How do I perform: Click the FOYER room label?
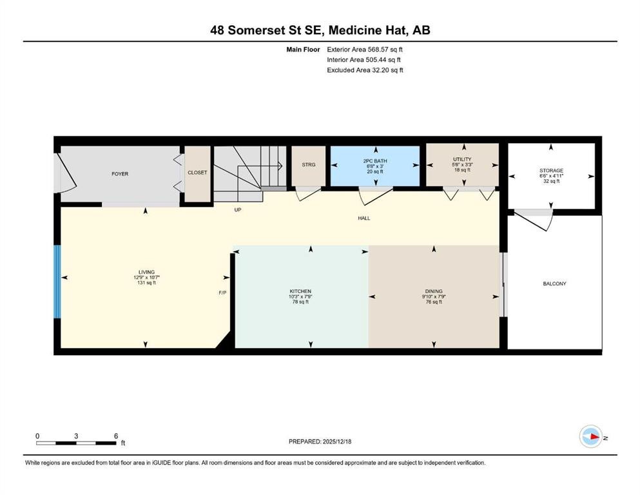coord(120,173)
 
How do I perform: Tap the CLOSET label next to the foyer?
coord(197,173)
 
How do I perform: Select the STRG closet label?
coord(309,165)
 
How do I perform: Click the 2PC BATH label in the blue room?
coord(375,159)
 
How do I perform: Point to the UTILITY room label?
coord(462,159)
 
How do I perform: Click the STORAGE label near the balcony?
coord(551,171)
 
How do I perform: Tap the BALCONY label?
coord(555,284)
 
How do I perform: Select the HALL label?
coord(364,218)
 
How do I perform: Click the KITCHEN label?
coord(300,291)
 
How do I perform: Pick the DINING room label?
coord(433,291)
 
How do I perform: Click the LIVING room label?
coord(146,272)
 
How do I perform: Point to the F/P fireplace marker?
coord(222,293)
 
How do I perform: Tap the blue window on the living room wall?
coord(57,281)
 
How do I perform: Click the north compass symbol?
coord(590,437)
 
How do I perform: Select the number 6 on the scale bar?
coord(116,436)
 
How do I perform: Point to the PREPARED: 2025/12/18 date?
coord(320,442)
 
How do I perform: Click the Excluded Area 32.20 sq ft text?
coord(365,70)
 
